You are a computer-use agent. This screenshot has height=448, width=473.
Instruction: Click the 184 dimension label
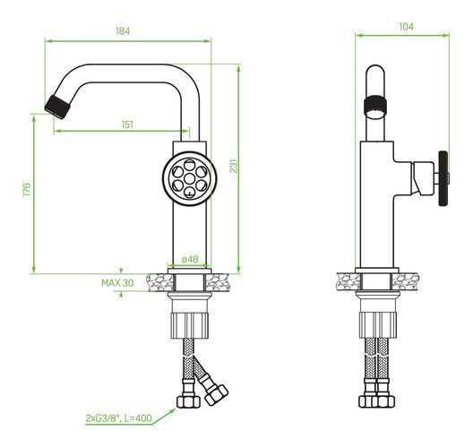click(123, 31)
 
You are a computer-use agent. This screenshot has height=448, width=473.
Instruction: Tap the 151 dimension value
click(127, 125)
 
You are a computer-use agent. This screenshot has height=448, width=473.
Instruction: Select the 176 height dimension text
click(27, 189)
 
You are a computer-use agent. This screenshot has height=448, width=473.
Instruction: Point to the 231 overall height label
click(234, 166)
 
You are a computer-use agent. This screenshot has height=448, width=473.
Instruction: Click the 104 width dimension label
click(407, 27)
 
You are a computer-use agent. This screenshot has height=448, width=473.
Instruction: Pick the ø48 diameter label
click(190, 259)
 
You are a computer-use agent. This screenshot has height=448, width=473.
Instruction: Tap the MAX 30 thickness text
click(117, 283)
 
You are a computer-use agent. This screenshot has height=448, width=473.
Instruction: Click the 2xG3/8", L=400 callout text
click(118, 418)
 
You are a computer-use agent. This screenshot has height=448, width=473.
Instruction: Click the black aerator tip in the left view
click(57, 107)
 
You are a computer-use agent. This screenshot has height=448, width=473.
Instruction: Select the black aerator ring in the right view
click(375, 104)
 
